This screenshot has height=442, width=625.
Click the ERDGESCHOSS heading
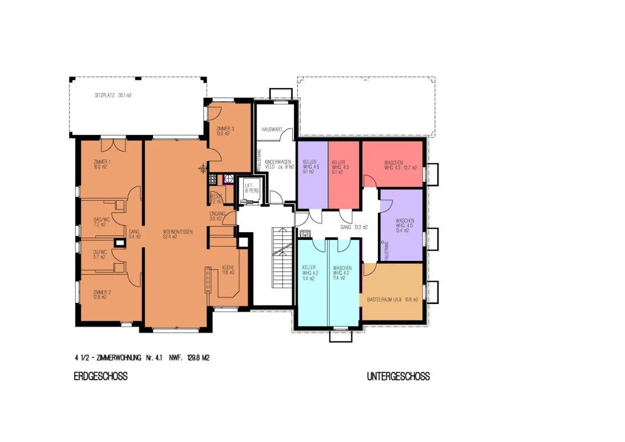coord(101,376)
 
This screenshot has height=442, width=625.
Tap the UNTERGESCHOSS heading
coord(398,376)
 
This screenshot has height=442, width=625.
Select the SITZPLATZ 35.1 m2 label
coord(113,95)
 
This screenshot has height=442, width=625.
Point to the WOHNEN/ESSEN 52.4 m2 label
coord(178,234)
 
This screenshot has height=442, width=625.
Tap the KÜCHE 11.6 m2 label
coord(228,270)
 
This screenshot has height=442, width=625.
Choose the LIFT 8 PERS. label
coord(251,188)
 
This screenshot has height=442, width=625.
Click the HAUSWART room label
coord(272,129)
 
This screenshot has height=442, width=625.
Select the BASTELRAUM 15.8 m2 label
coord(392,300)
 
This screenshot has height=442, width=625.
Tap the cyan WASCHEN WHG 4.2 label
coord(342,273)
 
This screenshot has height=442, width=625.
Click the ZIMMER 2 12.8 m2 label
coord(102,294)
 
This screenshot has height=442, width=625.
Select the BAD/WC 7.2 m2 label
coord(101,222)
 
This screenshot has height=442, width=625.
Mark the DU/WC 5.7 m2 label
coord(99,254)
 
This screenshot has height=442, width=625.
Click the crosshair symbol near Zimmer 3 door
coord(203,168)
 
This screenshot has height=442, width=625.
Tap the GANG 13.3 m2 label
coord(354,227)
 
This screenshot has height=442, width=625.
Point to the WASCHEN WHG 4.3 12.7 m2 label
coord(400,165)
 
